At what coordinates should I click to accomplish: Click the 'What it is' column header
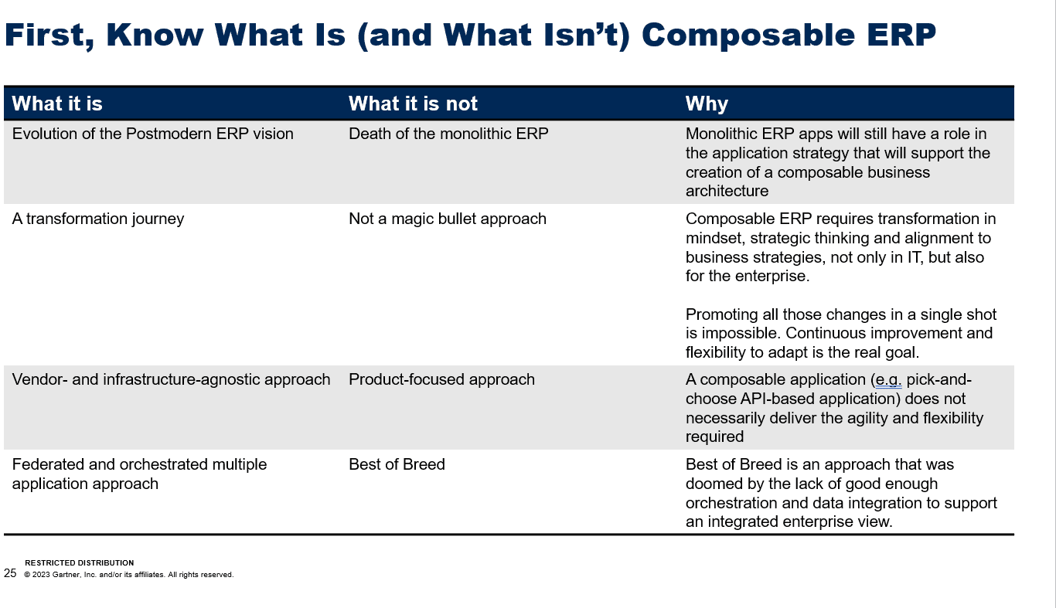tap(57, 104)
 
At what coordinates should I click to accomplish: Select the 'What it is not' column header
tap(413, 104)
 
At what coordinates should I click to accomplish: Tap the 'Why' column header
tap(707, 104)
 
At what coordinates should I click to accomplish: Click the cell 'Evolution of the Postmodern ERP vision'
tap(153, 134)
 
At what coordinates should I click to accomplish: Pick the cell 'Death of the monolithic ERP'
tap(448, 134)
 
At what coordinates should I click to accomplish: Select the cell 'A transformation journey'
tap(98, 219)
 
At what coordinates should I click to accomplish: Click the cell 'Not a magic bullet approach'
tap(448, 219)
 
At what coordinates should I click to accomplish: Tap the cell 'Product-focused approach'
tap(441, 379)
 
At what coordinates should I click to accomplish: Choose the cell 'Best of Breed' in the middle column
tap(397, 464)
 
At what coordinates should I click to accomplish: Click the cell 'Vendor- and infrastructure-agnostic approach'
tap(171, 379)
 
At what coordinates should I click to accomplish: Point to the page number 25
tap(10, 573)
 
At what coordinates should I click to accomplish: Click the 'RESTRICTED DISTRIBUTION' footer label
tap(79, 562)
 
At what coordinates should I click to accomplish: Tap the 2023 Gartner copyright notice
tap(128, 575)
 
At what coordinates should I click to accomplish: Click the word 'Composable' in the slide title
tap(748, 36)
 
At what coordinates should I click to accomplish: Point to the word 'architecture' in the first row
tap(727, 191)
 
